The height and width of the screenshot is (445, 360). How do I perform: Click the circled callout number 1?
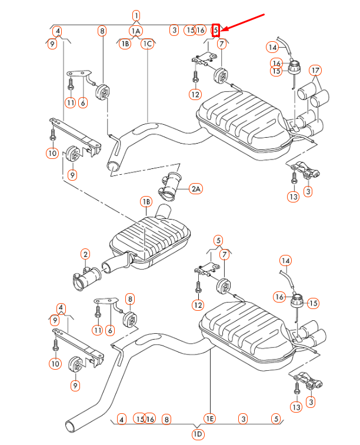[x=136, y=16]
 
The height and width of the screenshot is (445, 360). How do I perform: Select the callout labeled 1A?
[x=136, y=30]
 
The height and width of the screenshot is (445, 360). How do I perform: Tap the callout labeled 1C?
[x=147, y=44]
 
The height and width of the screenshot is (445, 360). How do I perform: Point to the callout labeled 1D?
[x=198, y=434]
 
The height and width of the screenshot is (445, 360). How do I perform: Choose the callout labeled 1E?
[x=210, y=419]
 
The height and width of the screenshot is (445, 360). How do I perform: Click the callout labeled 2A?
[x=196, y=188]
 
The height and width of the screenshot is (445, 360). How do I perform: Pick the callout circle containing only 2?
[x=86, y=255]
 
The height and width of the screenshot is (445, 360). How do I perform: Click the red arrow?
[x=244, y=21]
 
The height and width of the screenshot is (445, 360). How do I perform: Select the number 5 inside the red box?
[x=216, y=29]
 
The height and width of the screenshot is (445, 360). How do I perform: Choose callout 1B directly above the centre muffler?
[x=146, y=202]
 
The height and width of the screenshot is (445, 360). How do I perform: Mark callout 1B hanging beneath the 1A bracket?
[x=125, y=44]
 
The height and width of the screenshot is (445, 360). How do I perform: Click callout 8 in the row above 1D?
[x=167, y=419]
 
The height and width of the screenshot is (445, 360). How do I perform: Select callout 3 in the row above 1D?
[x=243, y=419]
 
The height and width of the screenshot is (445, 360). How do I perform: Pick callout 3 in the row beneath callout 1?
[x=174, y=29]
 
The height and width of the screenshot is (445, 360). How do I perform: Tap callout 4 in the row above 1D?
[x=121, y=419]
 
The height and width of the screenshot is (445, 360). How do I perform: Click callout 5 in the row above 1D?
[x=276, y=419]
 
